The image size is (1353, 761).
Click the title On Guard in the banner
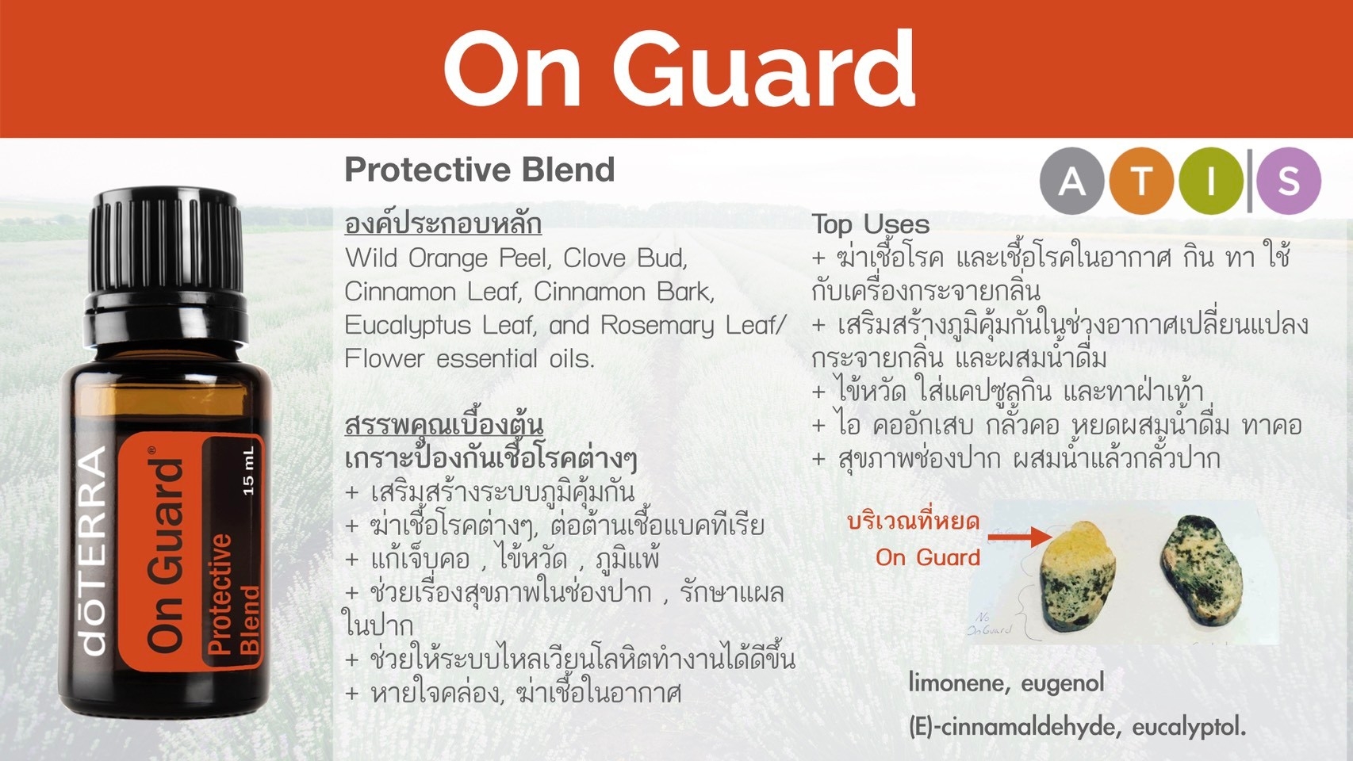click(680, 67)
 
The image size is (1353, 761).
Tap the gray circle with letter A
click(1072, 181)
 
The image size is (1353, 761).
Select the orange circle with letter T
click(1141, 181)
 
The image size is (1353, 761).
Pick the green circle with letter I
click(1210, 181)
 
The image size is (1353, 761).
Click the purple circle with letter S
click(1289, 181)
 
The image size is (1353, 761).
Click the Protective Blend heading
click(480, 170)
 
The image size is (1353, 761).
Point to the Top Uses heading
click(870, 224)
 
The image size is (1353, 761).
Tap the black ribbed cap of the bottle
click(166, 247)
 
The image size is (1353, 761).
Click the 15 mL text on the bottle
click(248, 472)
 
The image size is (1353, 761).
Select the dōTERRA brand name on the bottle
click(94, 550)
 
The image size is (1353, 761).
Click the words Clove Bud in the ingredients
click(625, 258)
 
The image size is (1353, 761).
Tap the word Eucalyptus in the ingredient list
click(408, 326)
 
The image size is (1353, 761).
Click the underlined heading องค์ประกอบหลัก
click(443, 224)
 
